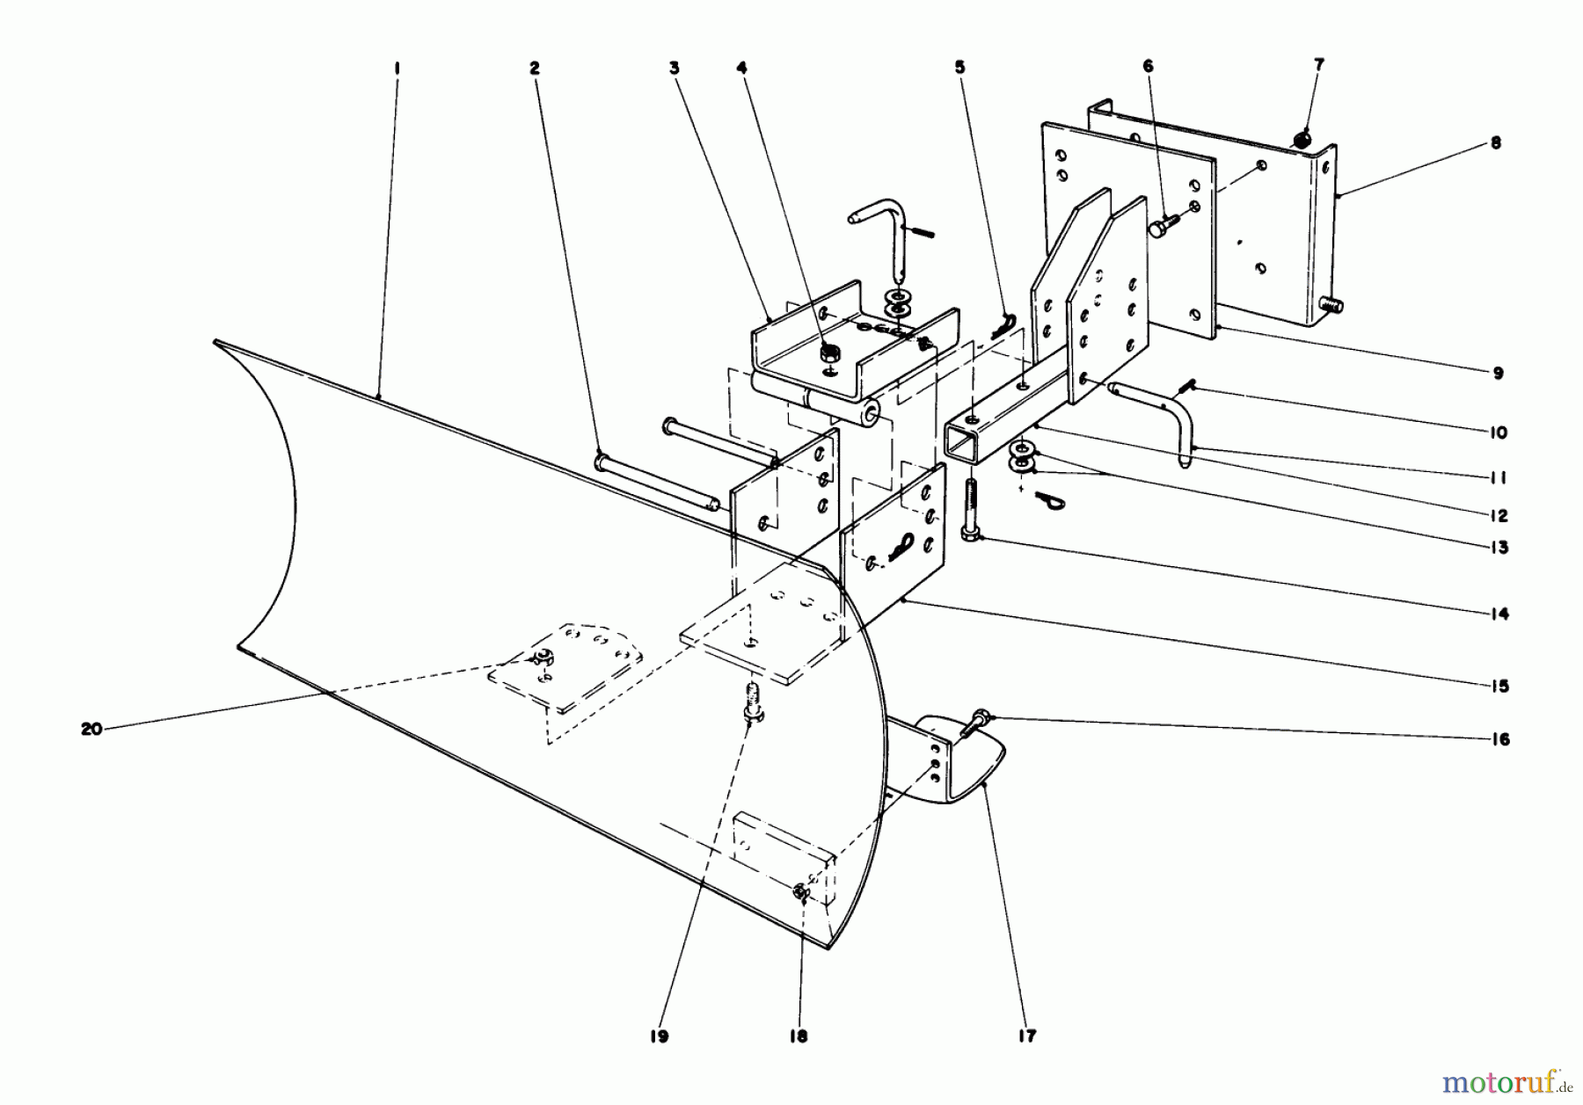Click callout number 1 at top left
click(397, 67)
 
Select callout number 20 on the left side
click(91, 729)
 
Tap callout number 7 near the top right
click(1319, 64)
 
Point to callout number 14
click(1499, 614)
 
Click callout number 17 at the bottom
click(1027, 1036)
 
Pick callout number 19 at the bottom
click(660, 1036)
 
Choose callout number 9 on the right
click(1498, 373)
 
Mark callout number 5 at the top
click(959, 66)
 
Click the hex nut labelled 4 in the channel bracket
click(828, 354)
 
